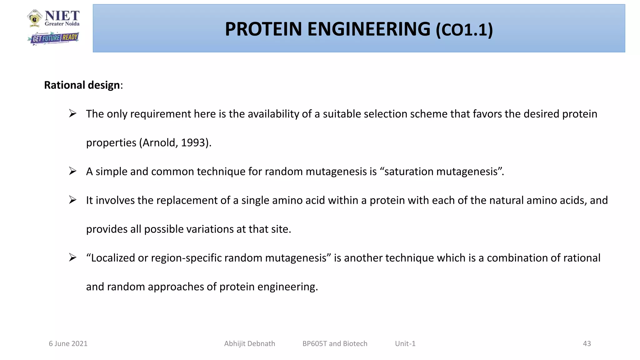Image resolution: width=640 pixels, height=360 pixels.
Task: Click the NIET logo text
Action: coord(62,16)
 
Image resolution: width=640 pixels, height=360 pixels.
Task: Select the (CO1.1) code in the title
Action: coord(464,30)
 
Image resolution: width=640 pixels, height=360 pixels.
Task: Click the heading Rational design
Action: coord(82,85)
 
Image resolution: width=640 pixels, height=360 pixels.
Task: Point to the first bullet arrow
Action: coord(73,113)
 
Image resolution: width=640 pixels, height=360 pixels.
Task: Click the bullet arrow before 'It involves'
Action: coord(73,200)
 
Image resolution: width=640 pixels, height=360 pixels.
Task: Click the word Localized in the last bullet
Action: coord(112,258)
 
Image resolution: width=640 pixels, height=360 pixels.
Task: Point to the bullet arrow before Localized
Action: coord(73,257)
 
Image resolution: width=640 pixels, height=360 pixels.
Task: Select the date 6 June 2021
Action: coord(68,343)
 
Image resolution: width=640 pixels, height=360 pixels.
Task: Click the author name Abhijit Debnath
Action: coord(249,343)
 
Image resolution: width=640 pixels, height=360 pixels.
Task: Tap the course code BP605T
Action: coord(314,343)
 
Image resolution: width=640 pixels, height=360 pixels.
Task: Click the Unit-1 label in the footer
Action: coord(405,343)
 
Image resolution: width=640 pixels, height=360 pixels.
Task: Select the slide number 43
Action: coord(587,343)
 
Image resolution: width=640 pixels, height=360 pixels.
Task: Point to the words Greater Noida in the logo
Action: coord(62,24)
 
